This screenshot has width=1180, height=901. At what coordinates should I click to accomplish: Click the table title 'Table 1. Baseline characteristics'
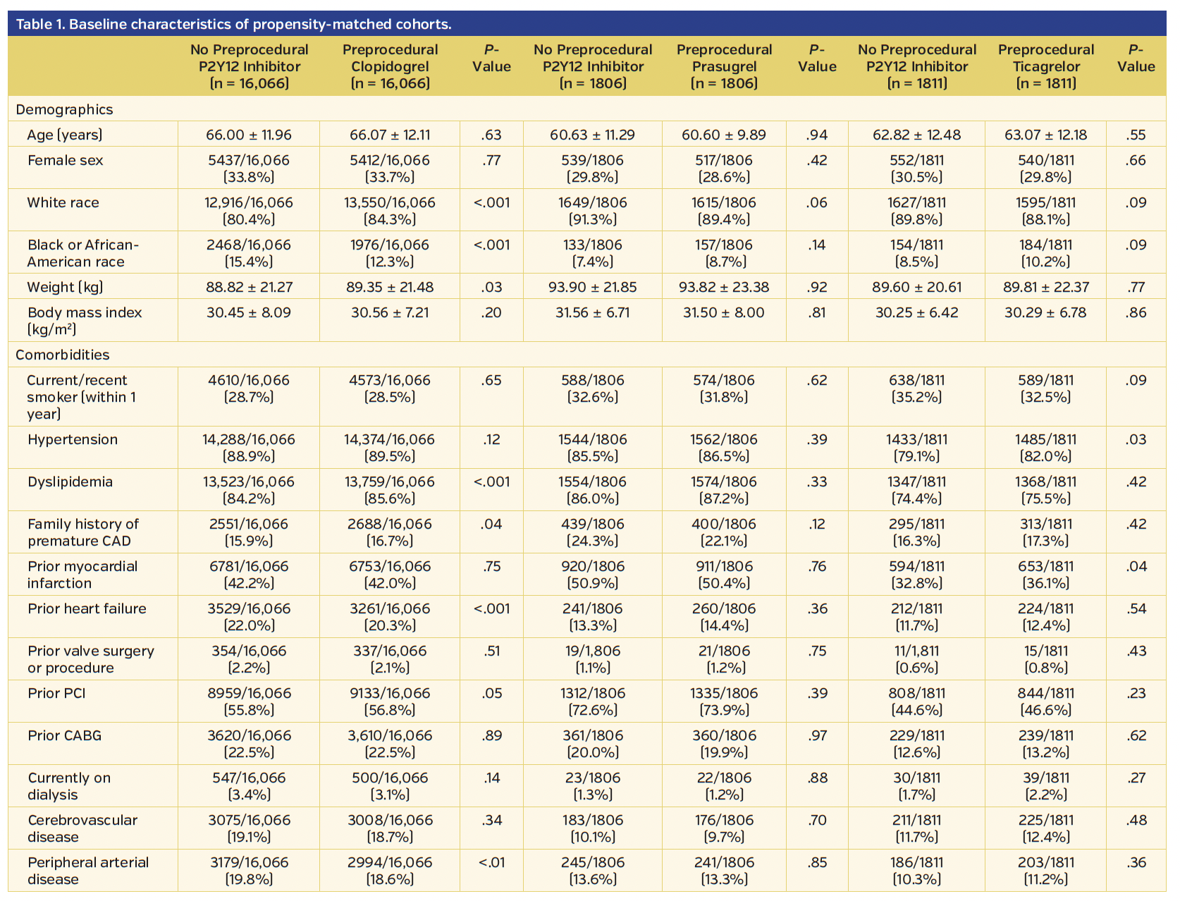[x=233, y=25]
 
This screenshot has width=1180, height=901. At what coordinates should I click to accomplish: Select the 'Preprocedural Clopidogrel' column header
[x=390, y=66]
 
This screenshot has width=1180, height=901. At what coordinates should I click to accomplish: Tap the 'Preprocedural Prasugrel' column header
[x=724, y=66]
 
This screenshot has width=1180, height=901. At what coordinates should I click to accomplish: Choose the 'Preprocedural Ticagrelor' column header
[x=1046, y=66]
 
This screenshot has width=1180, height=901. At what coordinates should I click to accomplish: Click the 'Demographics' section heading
[x=64, y=109]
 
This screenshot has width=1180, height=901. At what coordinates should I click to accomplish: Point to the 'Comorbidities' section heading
[x=63, y=355]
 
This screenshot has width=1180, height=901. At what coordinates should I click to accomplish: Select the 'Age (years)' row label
[x=65, y=135]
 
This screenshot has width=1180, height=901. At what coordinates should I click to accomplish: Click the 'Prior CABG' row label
[x=65, y=735]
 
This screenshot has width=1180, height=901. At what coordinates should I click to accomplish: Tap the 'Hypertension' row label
[x=73, y=439]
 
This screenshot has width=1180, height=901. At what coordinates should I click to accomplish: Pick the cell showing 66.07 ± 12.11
[x=390, y=135]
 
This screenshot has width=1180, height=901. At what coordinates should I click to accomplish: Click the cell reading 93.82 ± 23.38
[x=724, y=287]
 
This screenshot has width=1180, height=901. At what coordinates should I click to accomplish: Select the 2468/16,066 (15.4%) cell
[x=248, y=253]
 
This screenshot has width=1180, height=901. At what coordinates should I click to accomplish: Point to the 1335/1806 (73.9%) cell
[x=724, y=701]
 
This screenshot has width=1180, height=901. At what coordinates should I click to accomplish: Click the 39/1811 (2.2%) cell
[x=1046, y=786]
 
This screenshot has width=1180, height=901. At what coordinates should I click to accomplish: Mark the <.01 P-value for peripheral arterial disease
[x=491, y=862]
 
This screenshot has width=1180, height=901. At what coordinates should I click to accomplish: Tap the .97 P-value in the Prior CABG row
[x=817, y=735]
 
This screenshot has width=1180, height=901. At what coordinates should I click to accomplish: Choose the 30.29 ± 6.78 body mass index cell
[x=1046, y=312]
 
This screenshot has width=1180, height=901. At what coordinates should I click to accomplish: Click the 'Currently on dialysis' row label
[x=69, y=786]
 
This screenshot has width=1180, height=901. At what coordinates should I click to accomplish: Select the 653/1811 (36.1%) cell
[x=1046, y=575]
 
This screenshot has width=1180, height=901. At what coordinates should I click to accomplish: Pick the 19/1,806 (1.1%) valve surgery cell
[x=593, y=659]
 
